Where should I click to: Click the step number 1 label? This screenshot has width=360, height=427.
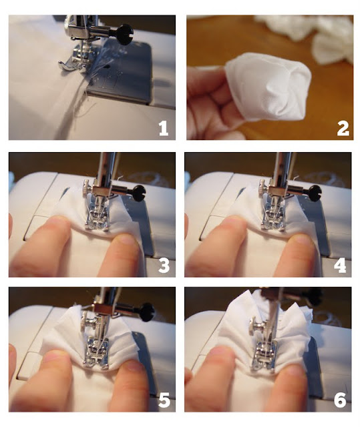point(164,128)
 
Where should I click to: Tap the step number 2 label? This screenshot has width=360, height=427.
point(343,128)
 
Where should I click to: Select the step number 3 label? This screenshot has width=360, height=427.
point(164,266)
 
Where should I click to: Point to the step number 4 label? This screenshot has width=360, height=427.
point(340,266)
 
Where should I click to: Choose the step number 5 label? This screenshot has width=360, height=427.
point(164,400)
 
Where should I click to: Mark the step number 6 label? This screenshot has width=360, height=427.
point(340,400)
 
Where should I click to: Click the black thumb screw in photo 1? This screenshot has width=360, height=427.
point(124,34)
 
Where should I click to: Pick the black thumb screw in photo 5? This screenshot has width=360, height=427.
point(146,312)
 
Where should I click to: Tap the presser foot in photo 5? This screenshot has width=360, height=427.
point(96,354)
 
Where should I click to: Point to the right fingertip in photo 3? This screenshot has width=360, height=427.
point(126,240)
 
